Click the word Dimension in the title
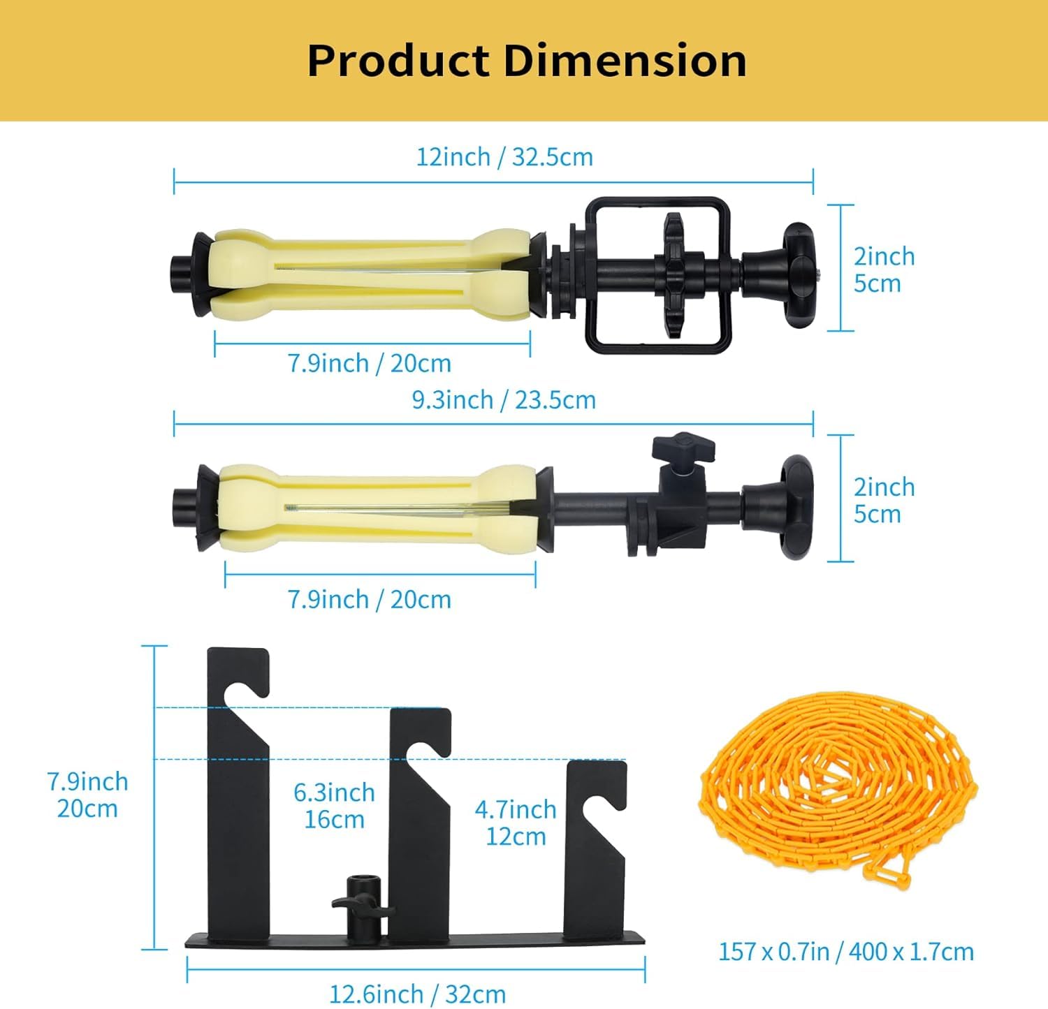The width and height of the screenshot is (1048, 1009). click(x=625, y=61)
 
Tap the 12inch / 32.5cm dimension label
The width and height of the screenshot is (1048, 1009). click(x=504, y=157)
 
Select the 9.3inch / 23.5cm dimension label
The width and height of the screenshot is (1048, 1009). click(x=504, y=400)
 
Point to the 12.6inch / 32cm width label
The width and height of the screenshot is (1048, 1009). click(x=417, y=994)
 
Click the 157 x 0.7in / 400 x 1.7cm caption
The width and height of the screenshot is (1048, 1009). click(x=846, y=952)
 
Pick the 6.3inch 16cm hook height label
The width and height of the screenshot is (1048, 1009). click(x=334, y=806)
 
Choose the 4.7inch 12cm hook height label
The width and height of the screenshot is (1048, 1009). click(x=516, y=823)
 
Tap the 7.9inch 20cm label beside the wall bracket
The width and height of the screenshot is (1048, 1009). click(x=87, y=795)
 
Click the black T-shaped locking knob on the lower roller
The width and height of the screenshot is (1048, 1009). click(x=683, y=447)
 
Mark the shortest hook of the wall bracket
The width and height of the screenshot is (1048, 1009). click(x=595, y=838)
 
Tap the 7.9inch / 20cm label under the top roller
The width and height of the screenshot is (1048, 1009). click(x=370, y=364)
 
